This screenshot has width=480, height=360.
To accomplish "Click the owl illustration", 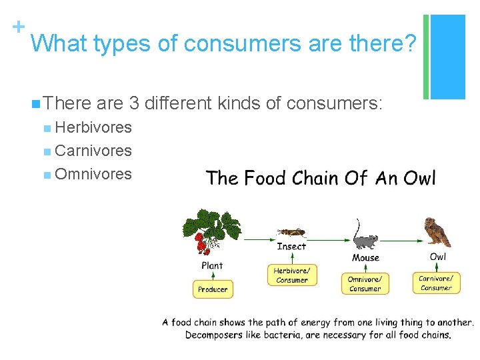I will (x=438, y=232).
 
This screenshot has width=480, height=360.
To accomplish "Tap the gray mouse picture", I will (x=364, y=240).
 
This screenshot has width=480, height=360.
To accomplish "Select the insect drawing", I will (x=291, y=233).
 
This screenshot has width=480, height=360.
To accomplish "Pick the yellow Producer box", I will (x=213, y=289).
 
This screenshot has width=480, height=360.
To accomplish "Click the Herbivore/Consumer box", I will (x=292, y=275).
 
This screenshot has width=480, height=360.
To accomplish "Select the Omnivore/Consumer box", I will (x=365, y=283).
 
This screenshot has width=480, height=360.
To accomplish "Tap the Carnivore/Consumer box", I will (x=436, y=283).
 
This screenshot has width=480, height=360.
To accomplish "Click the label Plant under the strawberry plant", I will (x=212, y=265).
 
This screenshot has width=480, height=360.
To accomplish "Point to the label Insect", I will (x=291, y=247).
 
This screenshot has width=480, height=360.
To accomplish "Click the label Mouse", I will (x=365, y=257).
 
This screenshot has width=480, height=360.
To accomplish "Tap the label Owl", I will (x=438, y=257).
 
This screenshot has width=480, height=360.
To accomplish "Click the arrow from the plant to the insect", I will (x=259, y=238).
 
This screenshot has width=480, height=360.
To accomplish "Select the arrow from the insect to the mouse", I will (x=329, y=238).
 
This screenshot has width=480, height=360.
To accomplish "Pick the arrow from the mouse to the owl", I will (x=400, y=238).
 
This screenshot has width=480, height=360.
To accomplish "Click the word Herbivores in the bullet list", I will (x=93, y=127).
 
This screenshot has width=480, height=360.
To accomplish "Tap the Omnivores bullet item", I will (x=93, y=174).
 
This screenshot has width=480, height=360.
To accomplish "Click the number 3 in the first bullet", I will (x=134, y=103).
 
